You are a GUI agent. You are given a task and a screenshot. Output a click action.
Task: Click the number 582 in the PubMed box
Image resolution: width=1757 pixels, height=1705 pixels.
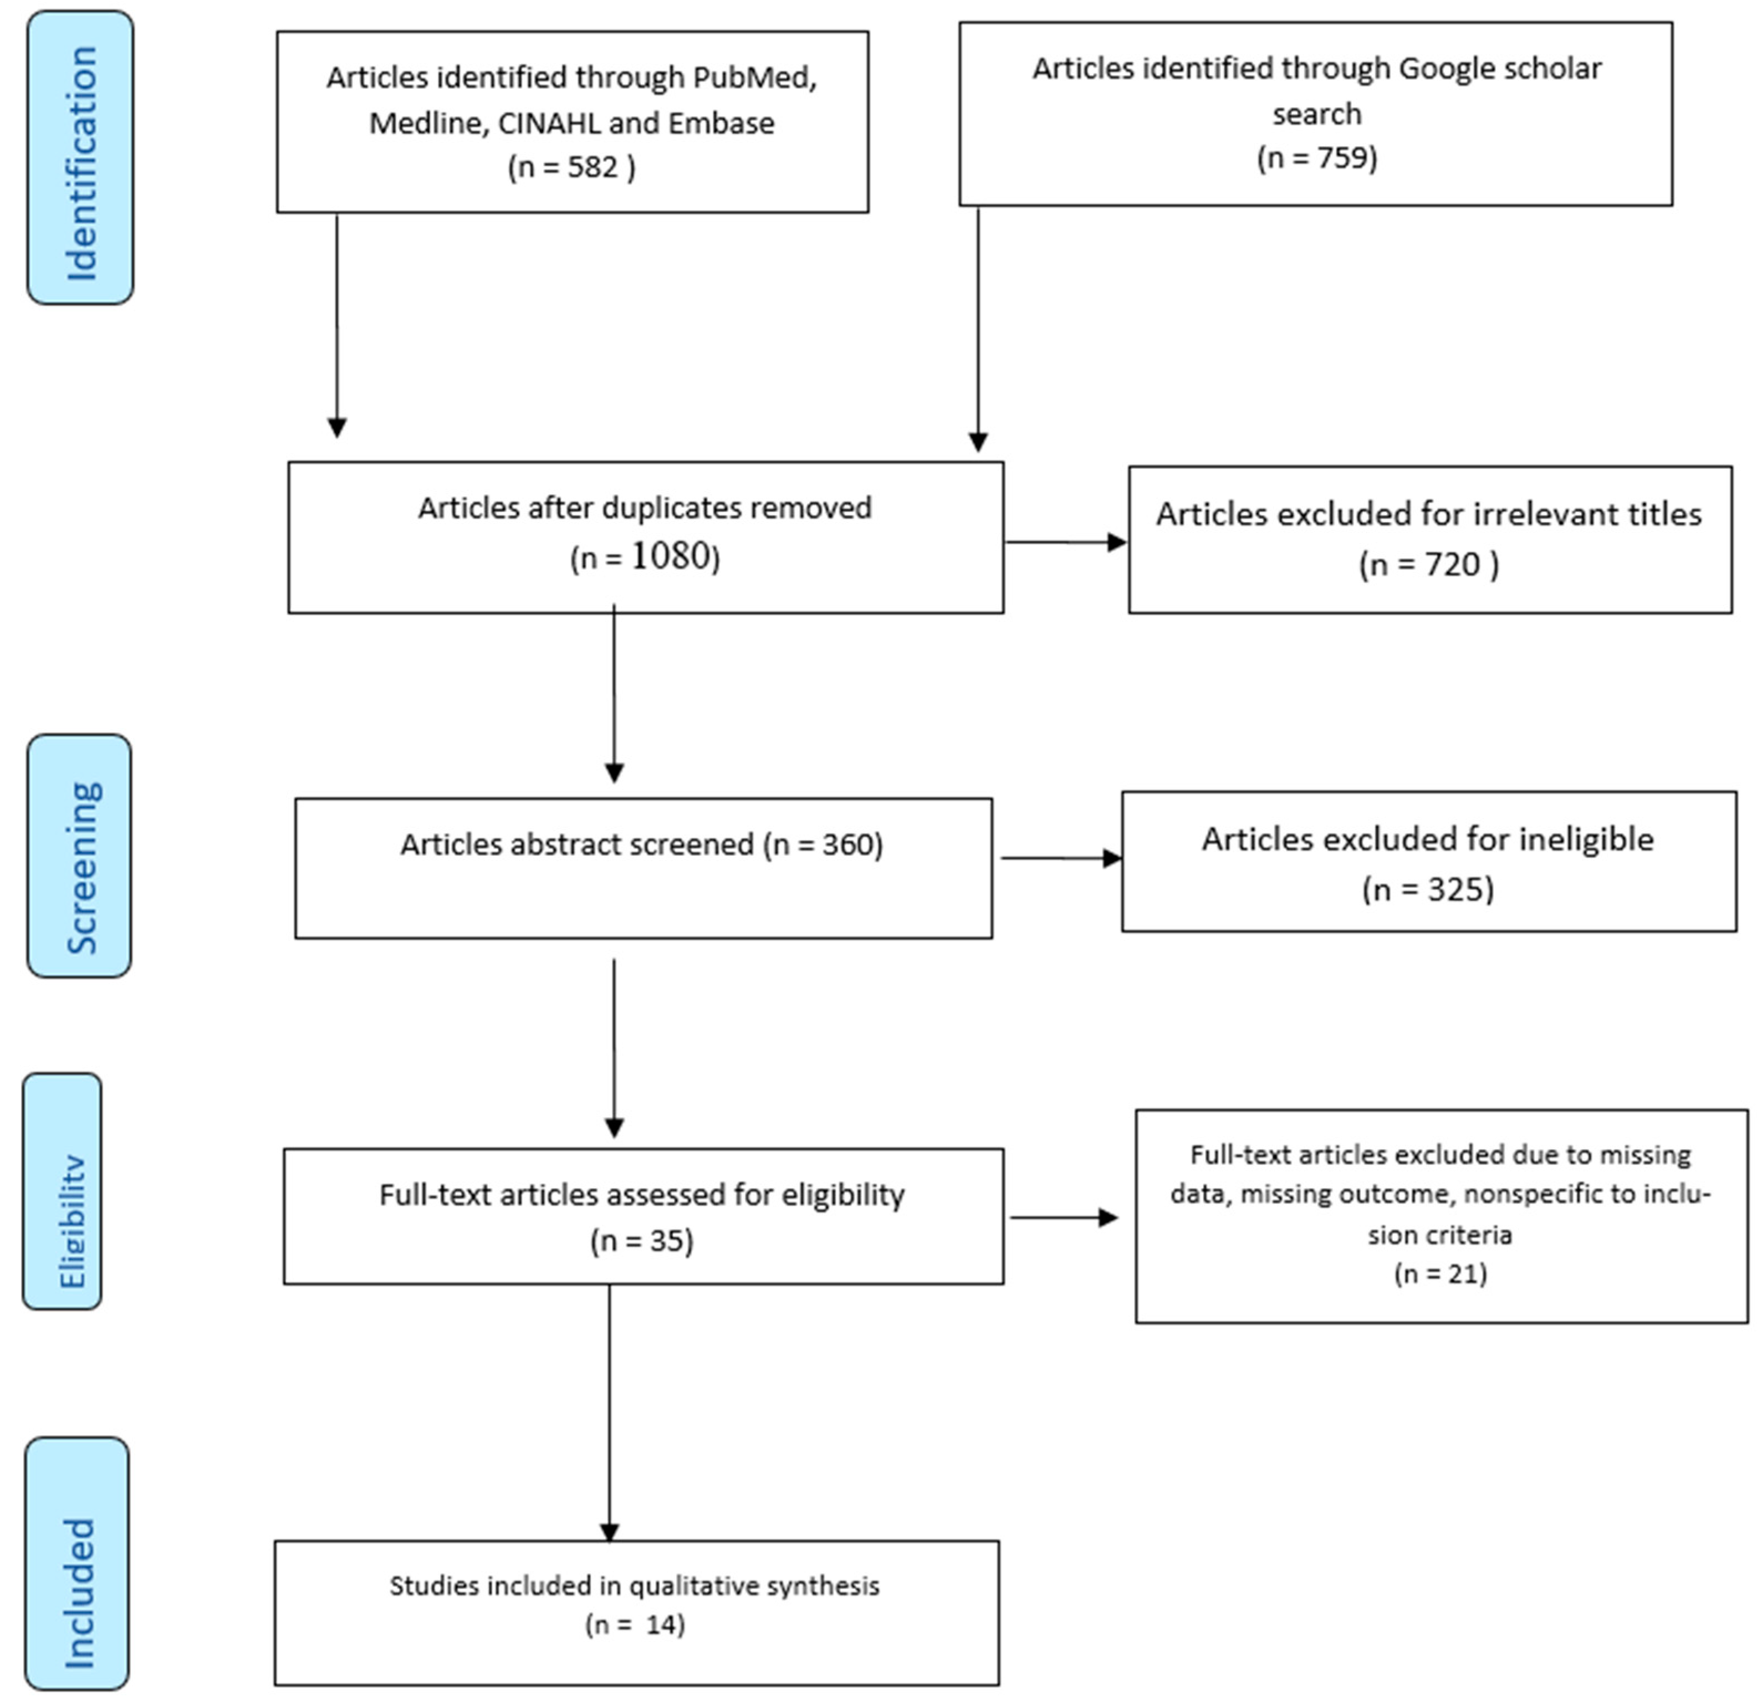coord(593,168)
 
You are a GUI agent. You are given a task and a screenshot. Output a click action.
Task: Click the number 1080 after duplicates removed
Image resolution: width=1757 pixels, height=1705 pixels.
coord(671,557)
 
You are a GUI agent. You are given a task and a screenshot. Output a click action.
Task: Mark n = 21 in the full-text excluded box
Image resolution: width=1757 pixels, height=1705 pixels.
coord(1441,1274)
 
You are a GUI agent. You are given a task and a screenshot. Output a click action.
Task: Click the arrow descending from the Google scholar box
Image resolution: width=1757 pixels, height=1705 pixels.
coord(978,332)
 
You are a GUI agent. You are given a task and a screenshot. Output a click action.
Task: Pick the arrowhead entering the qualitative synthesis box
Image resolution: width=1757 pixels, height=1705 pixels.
coord(610,1532)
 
